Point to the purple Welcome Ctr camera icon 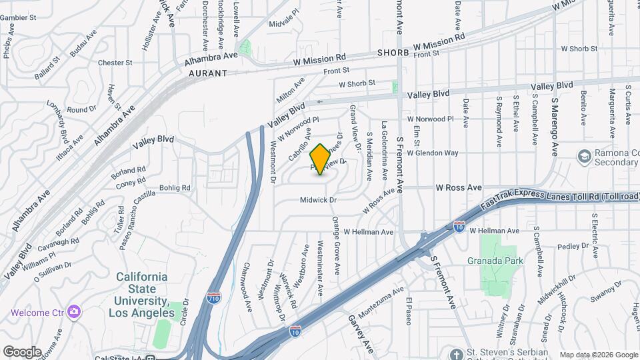74,312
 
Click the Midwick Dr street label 320,199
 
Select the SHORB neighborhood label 392,52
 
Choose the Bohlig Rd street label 175,188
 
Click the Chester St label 115,63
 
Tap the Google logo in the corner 22,351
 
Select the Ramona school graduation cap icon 585,155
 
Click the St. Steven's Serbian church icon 455,353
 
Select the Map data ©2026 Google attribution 598,355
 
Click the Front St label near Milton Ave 336,70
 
